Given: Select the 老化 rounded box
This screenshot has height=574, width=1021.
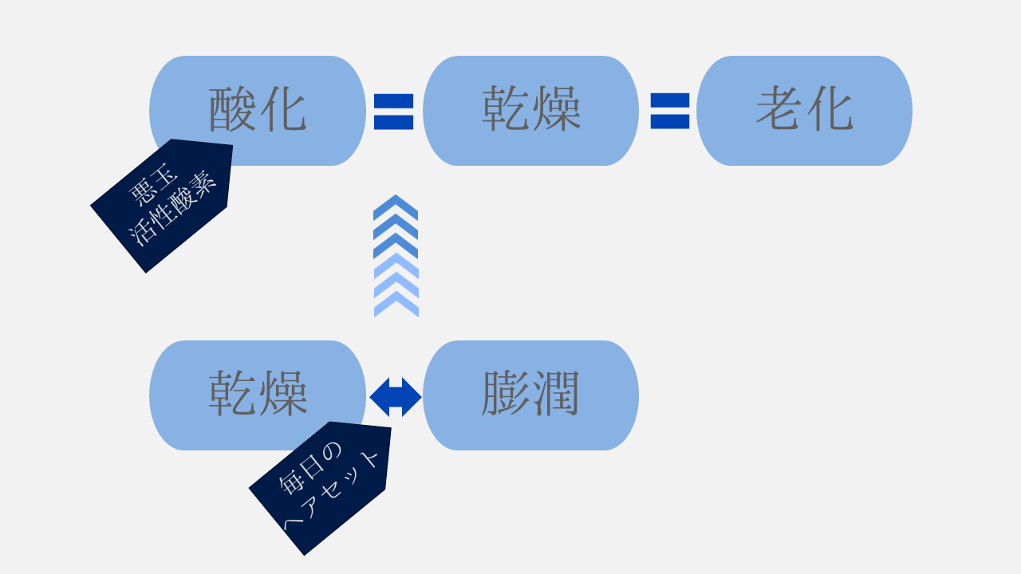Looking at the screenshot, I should coord(804,110).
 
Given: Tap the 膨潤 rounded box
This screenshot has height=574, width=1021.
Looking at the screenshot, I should coord(530,395).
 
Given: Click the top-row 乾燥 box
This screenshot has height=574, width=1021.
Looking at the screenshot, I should coord(530,110).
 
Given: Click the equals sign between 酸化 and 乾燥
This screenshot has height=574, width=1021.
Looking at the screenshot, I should coord(394,112).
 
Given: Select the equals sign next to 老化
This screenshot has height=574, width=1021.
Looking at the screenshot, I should coord(670,111).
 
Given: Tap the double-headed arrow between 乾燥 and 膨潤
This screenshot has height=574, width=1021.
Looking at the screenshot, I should coord(396,397).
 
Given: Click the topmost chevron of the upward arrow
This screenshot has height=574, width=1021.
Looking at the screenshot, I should coord(396,206).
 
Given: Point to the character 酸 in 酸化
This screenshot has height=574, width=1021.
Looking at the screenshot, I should coord(232,110).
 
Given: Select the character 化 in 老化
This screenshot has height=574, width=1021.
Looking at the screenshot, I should coord(830,110).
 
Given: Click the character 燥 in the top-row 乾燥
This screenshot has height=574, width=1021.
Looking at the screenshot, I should coord(556,110).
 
